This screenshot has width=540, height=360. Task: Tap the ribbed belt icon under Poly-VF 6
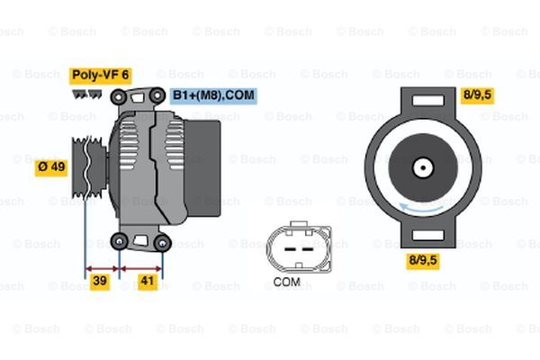click(84, 93)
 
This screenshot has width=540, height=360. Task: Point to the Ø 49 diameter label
click(51, 167)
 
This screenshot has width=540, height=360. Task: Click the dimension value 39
click(100, 283)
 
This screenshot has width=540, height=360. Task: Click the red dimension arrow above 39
click(103, 267)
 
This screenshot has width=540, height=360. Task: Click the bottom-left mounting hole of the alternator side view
click(120, 239)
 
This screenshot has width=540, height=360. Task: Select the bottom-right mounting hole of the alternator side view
click(162, 241)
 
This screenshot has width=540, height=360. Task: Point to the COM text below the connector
click(286, 282)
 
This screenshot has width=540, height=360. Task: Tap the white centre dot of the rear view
click(422, 167)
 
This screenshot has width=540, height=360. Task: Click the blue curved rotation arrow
click(423, 210)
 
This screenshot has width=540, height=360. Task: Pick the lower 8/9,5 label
click(423, 261)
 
